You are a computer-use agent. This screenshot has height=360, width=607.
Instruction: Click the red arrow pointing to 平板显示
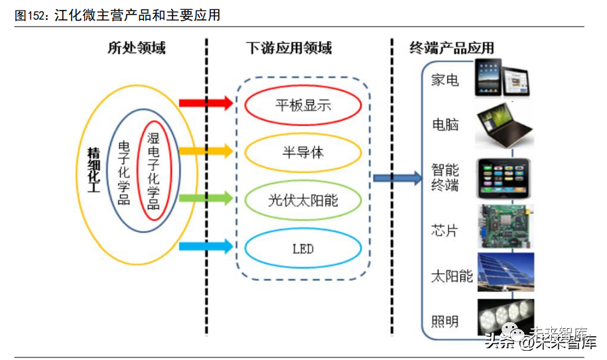coord(206,103)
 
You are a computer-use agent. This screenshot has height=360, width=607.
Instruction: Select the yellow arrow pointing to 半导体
coord(206,151)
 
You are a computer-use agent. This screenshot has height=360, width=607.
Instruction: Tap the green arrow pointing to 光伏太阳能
coord(206,198)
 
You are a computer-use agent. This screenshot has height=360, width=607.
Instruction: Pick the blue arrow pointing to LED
coord(206,246)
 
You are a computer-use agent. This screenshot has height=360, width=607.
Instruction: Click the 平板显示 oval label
coord(303,105)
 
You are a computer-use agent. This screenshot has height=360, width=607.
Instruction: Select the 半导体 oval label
coord(303,152)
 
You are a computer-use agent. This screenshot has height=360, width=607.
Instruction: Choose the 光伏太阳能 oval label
coord(303,200)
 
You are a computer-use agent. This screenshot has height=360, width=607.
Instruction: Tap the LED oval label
coord(303,249)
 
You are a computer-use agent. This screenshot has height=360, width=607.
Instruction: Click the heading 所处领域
coord(137,48)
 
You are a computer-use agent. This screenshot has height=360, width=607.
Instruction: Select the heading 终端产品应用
coord(451,48)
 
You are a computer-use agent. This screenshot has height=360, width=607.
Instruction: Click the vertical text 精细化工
coord(94,170)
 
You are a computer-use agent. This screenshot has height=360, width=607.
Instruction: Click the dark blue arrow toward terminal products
coord(397,178)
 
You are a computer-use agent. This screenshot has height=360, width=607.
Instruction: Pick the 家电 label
coord(445,80)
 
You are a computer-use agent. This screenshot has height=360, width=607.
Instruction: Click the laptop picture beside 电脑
coord(505,125)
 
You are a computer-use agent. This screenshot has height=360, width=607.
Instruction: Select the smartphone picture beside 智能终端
coord(505,178)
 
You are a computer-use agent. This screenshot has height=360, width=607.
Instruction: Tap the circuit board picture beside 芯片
coord(505,227)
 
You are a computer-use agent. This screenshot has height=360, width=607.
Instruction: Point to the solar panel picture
coord(505,274)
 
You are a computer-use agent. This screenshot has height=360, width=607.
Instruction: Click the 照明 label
coord(445,322)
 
